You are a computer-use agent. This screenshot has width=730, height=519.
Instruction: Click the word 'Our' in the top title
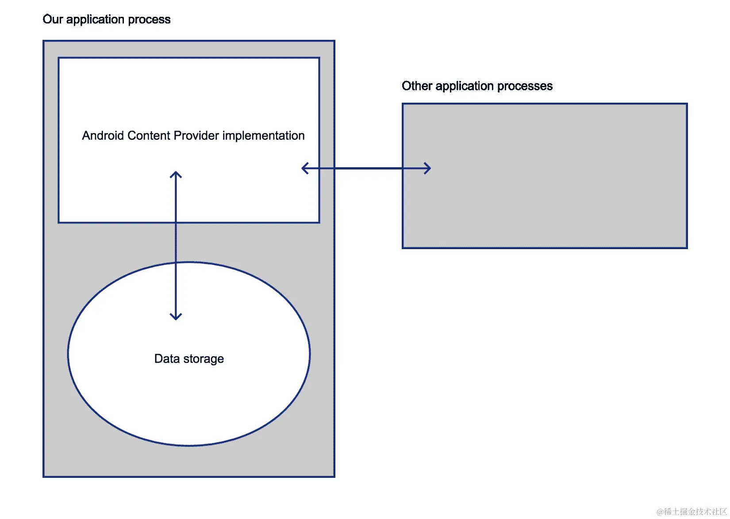click(x=53, y=19)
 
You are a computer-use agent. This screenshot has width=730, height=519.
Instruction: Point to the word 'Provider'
click(x=196, y=135)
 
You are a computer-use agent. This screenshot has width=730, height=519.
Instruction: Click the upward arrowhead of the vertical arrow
click(x=176, y=174)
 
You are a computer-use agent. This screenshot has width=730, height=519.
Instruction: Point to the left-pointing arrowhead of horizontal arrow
click(x=304, y=168)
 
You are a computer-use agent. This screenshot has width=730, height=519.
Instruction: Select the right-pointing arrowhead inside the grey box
click(x=428, y=168)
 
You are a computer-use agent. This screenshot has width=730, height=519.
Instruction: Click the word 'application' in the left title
click(x=95, y=19)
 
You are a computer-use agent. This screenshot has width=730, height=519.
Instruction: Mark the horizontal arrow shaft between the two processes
click(x=367, y=168)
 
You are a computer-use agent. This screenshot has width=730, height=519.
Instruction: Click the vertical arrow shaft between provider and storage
click(x=176, y=243)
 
